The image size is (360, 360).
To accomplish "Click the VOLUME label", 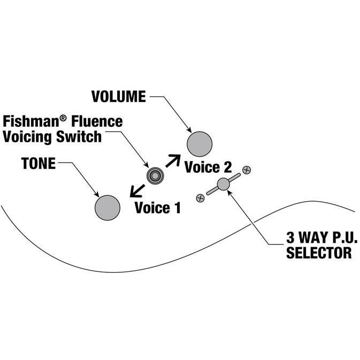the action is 118,96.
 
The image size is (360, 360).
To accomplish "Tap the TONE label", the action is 39,163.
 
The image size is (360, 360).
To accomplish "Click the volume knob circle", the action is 200,144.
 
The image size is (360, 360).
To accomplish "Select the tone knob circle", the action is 108,208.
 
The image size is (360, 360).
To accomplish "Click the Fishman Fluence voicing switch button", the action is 155,176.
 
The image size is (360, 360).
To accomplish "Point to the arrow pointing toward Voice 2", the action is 173,161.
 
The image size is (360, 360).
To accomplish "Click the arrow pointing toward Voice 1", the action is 137,191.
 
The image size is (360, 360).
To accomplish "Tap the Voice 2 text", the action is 208,167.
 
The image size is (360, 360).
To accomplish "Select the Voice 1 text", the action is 157,208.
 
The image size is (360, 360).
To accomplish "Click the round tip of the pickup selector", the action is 223,184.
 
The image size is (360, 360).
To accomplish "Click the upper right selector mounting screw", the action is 247,170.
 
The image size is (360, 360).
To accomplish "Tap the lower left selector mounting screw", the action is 201,198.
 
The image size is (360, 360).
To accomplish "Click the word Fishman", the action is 32,121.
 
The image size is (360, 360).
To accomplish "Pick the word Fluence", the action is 97,121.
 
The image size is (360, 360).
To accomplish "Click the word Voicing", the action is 27,136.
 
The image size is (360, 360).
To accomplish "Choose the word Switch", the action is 79,136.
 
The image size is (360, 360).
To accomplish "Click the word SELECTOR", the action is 319,252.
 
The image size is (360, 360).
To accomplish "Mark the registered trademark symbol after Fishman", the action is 63,118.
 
